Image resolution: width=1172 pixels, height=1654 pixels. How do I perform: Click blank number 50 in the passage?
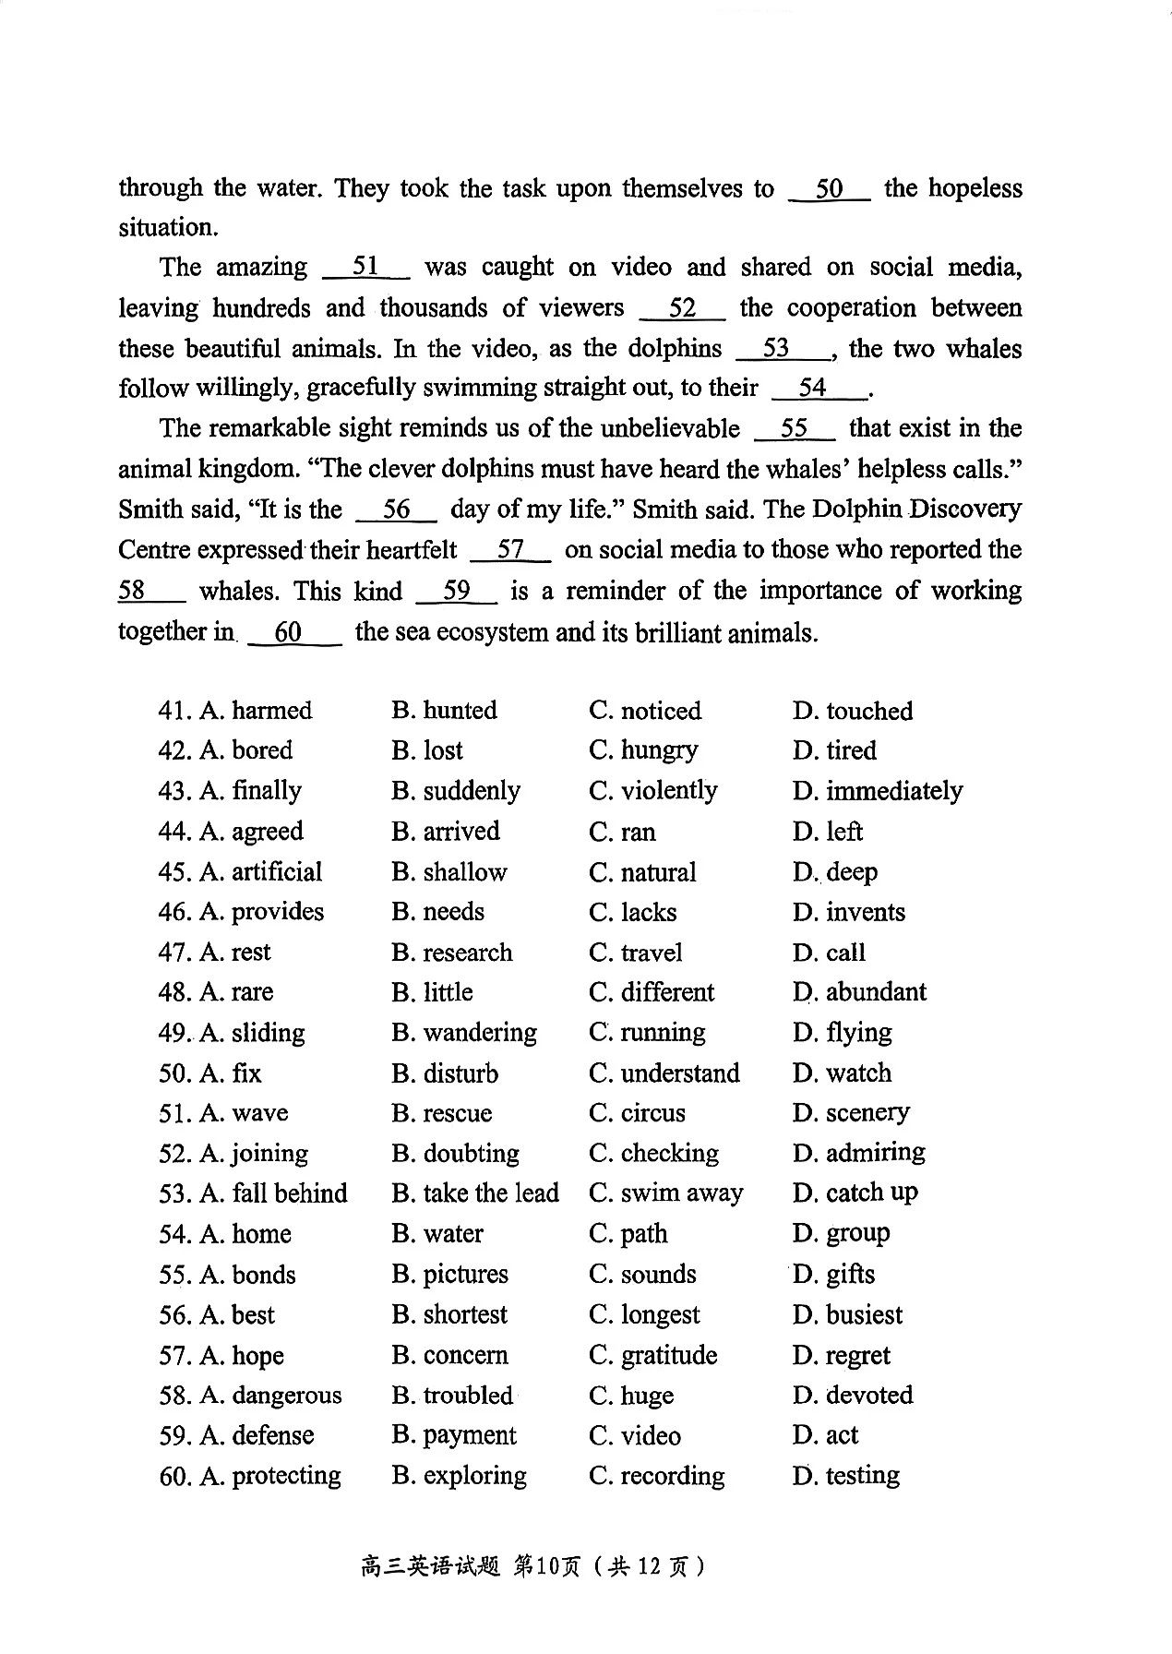pyautogui.click(x=829, y=189)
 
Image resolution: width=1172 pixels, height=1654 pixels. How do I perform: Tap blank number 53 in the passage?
pyautogui.click(x=777, y=349)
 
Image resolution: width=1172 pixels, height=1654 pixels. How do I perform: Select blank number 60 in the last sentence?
pyautogui.click(x=289, y=632)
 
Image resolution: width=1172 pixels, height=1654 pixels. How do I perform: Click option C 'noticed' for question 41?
pyautogui.click(x=645, y=711)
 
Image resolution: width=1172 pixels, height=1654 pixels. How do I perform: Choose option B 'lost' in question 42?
pyautogui.click(x=427, y=750)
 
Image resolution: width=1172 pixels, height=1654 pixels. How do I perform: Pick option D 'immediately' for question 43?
pyautogui.click(x=877, y=791)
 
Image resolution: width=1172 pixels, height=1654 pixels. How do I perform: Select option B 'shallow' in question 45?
pyautogui.click(x=449, y=872)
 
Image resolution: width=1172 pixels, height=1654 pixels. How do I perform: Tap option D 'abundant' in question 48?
pyautogui.click(x=859, y=992)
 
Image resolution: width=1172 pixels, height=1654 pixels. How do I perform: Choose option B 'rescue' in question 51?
pyautogui.click(x=442, y=1113)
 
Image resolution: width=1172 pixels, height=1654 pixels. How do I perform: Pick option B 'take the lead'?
pyautogui.click(x=475, y=1193)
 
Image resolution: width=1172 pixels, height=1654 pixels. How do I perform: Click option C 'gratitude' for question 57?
pyautogui.click(x=652, y=1355)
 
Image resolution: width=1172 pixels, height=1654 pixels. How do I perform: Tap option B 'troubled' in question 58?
pyautogui.click(x=452, y=1396)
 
